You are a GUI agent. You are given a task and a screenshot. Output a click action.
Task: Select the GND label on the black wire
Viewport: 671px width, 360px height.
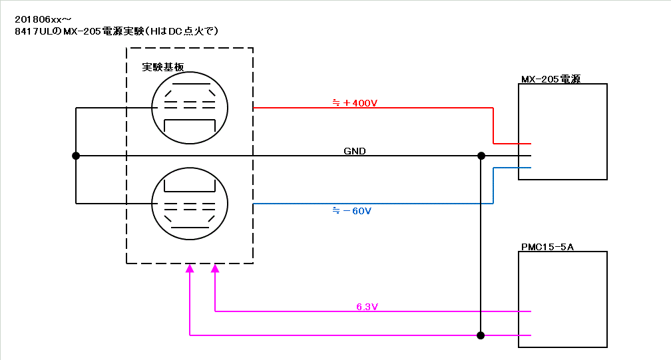[354, 151]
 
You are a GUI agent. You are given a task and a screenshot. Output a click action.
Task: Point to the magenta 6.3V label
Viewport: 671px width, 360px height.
[367, 307]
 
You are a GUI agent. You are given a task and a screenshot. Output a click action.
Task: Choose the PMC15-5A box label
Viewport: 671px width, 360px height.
[547, 247]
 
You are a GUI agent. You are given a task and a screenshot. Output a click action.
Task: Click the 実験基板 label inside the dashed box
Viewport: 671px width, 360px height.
[163, 67]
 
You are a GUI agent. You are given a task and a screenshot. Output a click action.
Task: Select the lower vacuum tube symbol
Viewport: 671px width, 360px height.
[190, 203]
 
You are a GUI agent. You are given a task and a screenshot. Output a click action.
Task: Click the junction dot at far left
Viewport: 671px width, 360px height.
[76, 156]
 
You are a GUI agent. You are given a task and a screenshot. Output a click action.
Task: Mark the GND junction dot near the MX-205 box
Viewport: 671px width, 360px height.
[481, 156]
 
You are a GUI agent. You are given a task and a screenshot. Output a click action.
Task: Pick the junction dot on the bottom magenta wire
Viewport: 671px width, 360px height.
[481, 335]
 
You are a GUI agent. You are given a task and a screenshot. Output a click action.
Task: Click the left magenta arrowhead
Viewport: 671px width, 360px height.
[190, 269]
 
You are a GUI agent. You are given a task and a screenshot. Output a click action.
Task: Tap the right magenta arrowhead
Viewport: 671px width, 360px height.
[215, 269]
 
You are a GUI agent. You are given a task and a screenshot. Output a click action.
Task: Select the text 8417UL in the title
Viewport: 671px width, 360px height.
[30, 31]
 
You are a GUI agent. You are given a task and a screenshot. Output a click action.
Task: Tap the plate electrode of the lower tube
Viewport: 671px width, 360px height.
[190, 184]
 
